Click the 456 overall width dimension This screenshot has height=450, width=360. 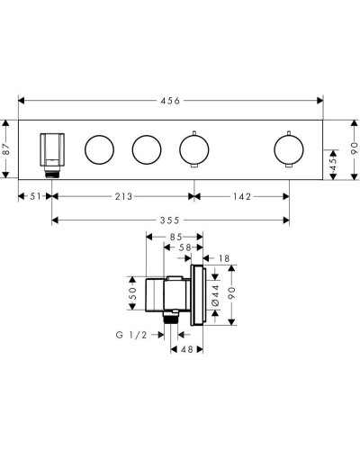click(x=170, y=101)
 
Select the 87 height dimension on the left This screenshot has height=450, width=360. click(x=7, y=148)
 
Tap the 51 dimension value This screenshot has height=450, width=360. click(x=35, y=196)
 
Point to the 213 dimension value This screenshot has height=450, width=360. click(x=123, y=196)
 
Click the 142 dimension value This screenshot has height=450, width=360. click(x=242, y=196)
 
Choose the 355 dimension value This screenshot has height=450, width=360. click(x=169, y=220)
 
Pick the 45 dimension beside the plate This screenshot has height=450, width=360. click(x=333, y=165)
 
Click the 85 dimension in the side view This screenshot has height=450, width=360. click(x=175, y=237)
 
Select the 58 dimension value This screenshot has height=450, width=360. click(x=184, y=247)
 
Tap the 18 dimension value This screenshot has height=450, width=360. click(x=224, y=258)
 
